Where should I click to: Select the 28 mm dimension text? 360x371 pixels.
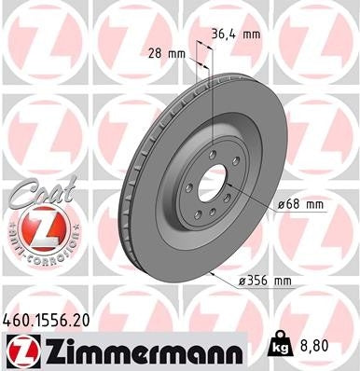(x=164, y=53)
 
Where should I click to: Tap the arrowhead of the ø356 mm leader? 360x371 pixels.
(x=213, y=272)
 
